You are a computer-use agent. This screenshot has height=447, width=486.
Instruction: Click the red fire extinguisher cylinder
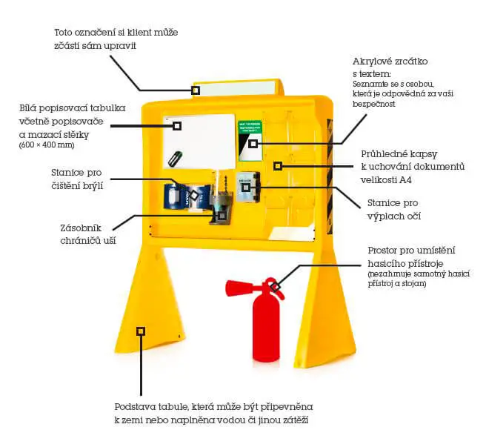[x=267, y=326]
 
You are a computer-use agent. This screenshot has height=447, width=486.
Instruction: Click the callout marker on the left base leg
[x=141, y=331]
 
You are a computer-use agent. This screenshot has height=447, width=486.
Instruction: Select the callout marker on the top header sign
[x=196, y=90]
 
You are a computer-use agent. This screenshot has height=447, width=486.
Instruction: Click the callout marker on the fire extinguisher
[x=273, y=286]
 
